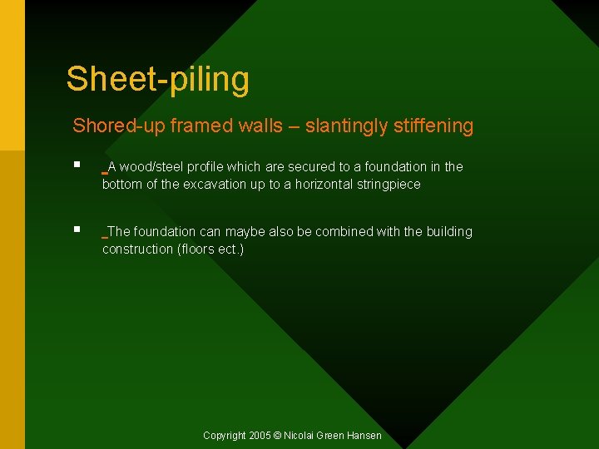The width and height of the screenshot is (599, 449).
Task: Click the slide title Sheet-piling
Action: tap(157, 79)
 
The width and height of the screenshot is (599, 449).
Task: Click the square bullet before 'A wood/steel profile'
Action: tap(77, 166)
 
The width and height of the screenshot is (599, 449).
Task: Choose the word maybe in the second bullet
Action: tap(254, 232)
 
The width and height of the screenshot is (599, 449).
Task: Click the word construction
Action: tap(137, 249)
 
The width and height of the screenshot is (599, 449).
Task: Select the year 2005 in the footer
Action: tap(260, 436)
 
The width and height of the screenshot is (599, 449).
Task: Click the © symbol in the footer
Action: tap(279, 436)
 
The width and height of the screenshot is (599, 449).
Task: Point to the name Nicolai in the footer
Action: tap(302, 436)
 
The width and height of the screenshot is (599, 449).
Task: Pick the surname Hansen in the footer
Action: tap(364, 436)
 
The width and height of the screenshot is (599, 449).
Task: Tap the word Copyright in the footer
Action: tap(225, 436)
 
